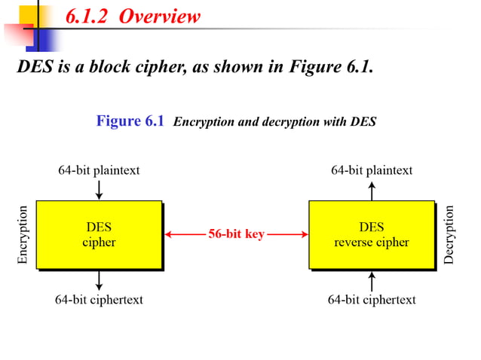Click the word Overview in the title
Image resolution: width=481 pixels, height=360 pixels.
click(164, 17)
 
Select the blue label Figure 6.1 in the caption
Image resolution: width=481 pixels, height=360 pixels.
click(130, 121)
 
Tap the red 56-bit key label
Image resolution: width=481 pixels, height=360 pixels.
click(236, 234)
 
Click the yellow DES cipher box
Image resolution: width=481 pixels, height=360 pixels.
click(99, 234)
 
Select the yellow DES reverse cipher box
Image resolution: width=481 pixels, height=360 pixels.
click(371, 234)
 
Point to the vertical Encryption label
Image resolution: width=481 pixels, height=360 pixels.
click(23, 235)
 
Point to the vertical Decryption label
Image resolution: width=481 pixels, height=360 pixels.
click(450, 235)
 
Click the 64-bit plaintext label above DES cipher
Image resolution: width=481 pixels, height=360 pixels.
click(99, 170)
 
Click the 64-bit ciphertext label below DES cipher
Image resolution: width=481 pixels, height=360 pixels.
click(99, 300)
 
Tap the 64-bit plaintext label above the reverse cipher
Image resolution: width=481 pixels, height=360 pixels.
click(372, 170)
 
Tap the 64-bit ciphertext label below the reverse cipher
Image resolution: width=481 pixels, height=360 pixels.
click(372, 300)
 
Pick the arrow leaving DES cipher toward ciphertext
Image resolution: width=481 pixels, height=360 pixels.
click(99, 280)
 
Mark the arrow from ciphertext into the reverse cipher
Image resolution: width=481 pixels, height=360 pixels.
click(372, 281)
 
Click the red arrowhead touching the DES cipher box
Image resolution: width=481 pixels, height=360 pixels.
click(169, 234)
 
